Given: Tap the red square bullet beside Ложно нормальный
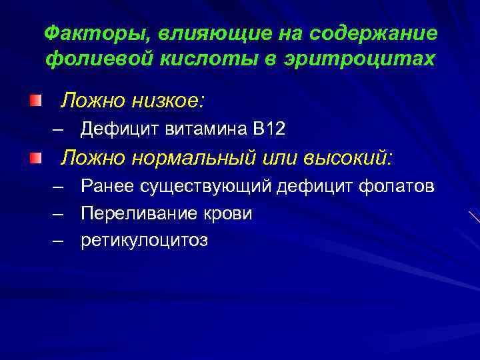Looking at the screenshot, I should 35,157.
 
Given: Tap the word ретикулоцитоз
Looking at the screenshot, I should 144,240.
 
